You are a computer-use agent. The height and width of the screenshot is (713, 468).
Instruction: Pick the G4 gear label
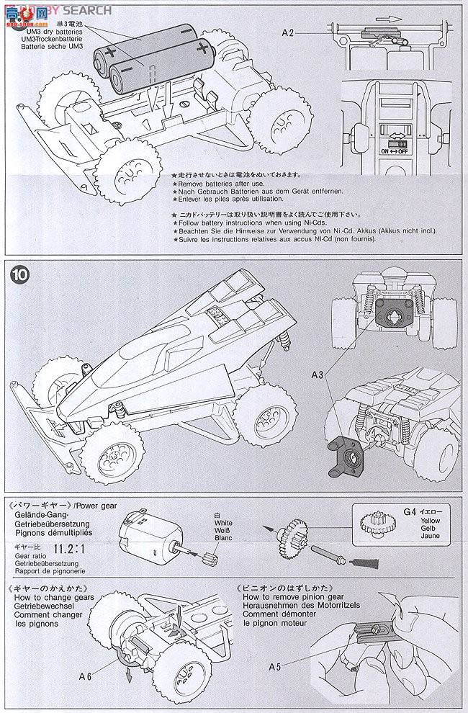(409, 512)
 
